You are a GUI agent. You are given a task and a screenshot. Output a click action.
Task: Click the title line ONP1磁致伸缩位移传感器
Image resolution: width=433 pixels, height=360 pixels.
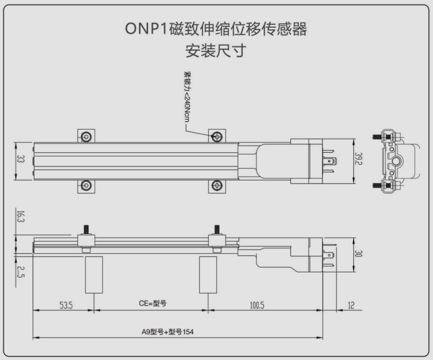(x=216, y=29)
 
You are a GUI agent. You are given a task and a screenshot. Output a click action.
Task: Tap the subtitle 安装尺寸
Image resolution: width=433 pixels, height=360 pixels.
(x=216, y=50)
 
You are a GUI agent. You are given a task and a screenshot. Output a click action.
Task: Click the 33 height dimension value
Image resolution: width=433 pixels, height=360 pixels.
(x=20, y=159)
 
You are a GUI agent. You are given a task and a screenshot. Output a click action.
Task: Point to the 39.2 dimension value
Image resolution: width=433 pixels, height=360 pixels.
(x=358, y=159)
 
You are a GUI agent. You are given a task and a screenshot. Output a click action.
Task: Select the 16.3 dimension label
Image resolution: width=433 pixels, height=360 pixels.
(x=21, y=216)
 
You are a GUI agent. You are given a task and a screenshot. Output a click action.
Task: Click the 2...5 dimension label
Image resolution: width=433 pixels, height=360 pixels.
(x=21, y=272)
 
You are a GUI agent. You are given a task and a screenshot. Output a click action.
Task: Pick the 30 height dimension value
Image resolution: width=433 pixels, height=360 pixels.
(x=358, y=253)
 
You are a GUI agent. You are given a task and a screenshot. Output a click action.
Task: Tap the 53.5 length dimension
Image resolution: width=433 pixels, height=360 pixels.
(x=66, y=305)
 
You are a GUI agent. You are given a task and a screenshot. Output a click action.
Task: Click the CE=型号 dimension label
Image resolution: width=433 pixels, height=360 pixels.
(x=153, y=303)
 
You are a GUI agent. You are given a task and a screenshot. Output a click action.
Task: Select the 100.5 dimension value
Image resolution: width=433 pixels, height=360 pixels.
(x=257, y=305)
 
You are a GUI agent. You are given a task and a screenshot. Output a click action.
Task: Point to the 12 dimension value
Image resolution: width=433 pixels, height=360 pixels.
(x=351, y=305)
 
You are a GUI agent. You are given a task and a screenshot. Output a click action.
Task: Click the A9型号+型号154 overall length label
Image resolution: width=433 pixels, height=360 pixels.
(x=168, y=332)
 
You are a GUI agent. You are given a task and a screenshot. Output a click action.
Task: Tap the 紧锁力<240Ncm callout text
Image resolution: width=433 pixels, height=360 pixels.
(x=187, y=96)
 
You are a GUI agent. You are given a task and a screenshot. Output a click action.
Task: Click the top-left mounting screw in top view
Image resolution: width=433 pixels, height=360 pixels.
(x=86, y=136)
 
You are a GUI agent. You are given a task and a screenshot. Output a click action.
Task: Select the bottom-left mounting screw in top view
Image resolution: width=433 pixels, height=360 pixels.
(x=86, y=185)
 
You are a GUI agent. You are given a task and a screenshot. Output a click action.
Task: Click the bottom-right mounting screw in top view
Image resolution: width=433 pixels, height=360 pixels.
(x=217, y=185)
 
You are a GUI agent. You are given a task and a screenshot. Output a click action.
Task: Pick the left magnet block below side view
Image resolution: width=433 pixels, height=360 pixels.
(x=94, y=275)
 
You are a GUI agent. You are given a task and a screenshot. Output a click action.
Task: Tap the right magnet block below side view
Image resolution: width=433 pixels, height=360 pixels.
(x=208, y=275)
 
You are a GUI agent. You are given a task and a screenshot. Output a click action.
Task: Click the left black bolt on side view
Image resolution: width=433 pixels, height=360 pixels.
(x=86, y=230)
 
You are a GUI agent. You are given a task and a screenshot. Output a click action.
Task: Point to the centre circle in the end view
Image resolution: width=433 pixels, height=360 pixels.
(x=396, y=161)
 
